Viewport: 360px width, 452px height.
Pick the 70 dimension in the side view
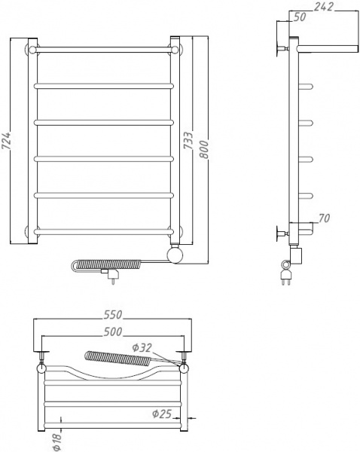pyautogui.click(x=325, y=219)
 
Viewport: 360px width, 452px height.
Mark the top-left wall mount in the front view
pyautogui.click(x=32, y=50)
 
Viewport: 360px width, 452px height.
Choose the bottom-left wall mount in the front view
pyautogui.click(x=32, y=231)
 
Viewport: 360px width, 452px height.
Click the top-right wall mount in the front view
pyautogui.click(x=175, y=50)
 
